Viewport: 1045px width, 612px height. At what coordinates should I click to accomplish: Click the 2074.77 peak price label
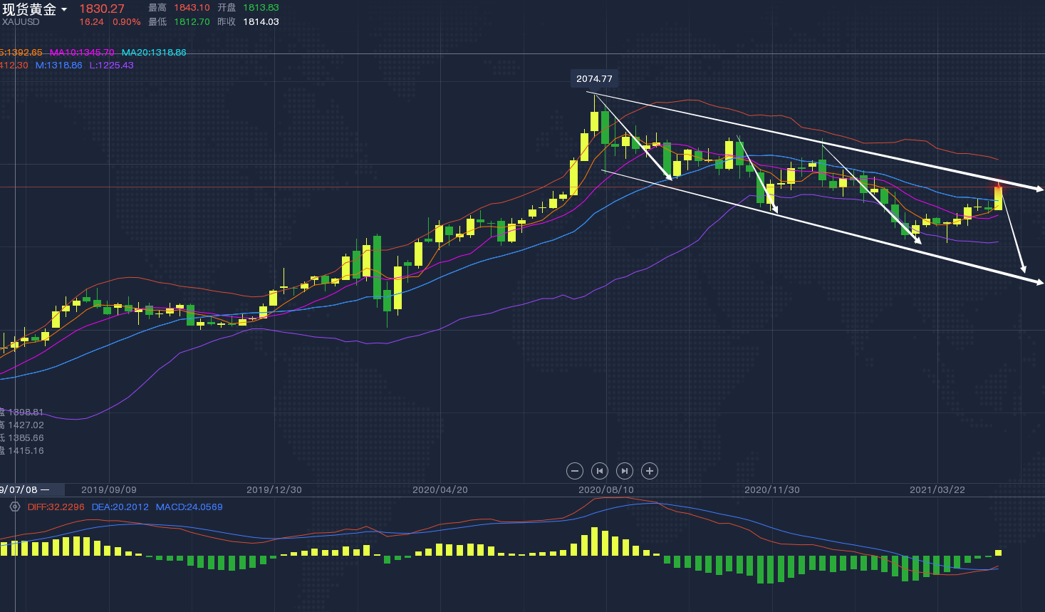pos(594,79)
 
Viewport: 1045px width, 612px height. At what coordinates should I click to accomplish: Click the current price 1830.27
pos(102,9)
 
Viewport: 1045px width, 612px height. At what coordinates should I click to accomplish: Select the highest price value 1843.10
pos(192,8)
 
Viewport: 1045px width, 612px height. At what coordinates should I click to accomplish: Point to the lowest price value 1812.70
pos(192,22)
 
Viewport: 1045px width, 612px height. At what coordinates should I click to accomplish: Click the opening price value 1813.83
pos(261,8)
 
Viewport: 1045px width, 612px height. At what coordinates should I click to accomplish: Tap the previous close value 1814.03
pos(261,22)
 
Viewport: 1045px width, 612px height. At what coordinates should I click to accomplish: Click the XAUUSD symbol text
pos(21,22)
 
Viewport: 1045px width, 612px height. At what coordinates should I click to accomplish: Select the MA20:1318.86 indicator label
pos(154,53)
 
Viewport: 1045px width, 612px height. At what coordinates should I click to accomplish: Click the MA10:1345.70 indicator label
pos(82,53)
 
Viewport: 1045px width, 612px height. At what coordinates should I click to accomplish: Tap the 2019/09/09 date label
pos(109,490)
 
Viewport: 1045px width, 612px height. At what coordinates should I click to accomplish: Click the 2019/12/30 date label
pos(274,490)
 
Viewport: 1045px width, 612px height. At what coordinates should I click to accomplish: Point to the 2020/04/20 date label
pos(440,490)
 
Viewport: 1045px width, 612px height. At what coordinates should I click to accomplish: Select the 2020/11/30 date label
pos(772,490)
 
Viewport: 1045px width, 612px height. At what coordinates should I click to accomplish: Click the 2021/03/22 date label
pos(937,490)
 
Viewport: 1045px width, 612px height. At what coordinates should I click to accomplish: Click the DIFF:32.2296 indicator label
pos(56,507)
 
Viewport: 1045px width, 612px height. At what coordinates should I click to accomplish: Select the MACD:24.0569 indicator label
pos(189,507)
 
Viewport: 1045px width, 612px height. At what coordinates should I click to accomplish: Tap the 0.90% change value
pos(127,22)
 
